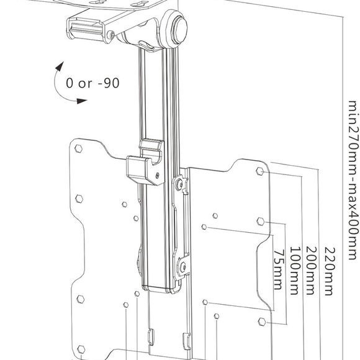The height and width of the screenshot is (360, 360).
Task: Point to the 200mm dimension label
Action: (311, 271)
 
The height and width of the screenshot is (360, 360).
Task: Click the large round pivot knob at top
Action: (179, 32)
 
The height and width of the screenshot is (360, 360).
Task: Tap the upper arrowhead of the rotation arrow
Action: (60, 64)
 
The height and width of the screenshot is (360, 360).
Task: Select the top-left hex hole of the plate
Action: (79, 149)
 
